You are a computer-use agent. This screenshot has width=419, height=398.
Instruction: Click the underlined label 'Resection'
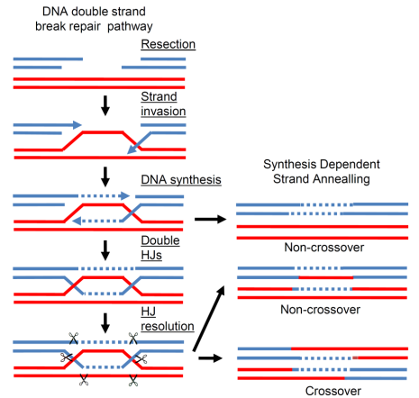169,44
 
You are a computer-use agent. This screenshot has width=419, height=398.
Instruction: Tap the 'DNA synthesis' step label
181,180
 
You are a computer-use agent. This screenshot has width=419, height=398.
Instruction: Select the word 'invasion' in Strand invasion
163,111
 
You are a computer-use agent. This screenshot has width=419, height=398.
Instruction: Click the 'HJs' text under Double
151,255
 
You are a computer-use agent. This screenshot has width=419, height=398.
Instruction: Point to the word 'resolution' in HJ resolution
168,326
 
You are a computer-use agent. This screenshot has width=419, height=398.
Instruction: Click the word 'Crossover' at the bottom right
333,391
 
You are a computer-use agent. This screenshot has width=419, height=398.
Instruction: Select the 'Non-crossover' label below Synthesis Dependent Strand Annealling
324,248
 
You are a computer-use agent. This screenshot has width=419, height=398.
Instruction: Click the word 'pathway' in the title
130,26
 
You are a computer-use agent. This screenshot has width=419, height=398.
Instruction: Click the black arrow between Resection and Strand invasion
105,105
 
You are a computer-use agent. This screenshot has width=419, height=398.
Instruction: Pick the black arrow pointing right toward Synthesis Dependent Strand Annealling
210,219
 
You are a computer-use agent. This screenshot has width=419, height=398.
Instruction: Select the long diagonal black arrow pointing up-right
209,318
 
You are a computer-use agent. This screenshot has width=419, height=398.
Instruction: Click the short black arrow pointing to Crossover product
210,357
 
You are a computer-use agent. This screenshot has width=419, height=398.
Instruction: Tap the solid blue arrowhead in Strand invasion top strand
77,125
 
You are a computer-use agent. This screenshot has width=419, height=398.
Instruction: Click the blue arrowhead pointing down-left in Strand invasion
132,149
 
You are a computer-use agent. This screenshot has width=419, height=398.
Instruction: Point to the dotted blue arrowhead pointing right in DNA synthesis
124,196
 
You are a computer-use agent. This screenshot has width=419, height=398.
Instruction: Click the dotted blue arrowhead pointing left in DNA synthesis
77,222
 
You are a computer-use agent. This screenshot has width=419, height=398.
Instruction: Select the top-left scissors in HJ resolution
74,339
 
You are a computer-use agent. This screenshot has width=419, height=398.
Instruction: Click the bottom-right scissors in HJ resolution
133,380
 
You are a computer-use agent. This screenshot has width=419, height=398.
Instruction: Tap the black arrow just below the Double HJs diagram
105,323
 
